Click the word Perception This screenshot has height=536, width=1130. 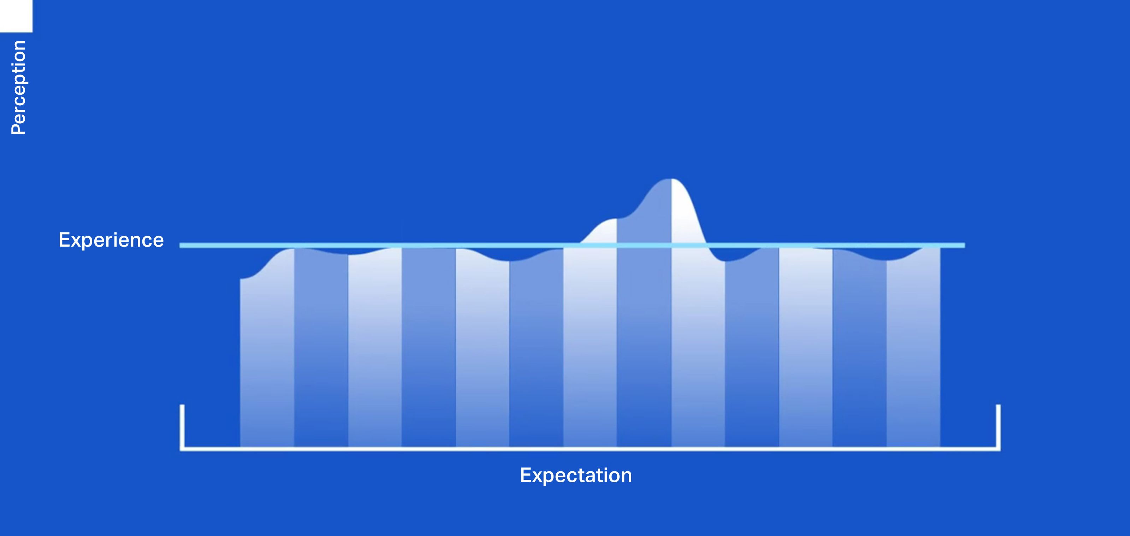click(18, 87)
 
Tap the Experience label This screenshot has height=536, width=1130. click(111, 240)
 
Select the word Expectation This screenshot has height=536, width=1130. click(575, 476)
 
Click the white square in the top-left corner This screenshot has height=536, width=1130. click(16, 16)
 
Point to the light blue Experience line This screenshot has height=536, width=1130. click(572, 245)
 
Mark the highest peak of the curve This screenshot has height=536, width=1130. click(671, 179)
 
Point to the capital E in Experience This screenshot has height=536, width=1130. click(65, 240)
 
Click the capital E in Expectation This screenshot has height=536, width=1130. click(526, 475)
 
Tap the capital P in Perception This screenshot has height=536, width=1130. click(18, 128)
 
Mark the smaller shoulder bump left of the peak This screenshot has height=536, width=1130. click(610, 219)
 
